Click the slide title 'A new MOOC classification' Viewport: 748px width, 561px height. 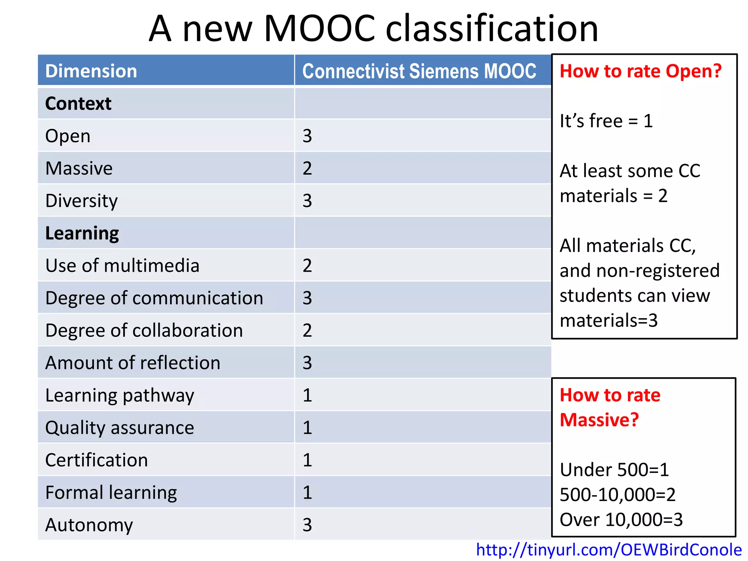(x=373, y=28)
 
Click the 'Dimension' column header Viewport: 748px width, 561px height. (x=91, y=71)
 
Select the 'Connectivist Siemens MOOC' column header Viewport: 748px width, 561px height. (x=419, y=71)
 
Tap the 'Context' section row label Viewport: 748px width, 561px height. (x=78, y=104)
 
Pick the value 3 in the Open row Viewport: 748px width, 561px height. (x=307, y=136)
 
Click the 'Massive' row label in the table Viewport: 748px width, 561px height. (x=79, y=168)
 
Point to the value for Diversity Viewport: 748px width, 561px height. (x=307, y=201)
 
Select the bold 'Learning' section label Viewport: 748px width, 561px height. (x=82, y=233)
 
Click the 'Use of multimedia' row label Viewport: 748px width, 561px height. (x=122, y=266)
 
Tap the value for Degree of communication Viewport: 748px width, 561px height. (x=307, y=298)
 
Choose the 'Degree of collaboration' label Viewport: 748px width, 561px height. (x=144, y=331)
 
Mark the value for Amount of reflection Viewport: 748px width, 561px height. (x=307, y=363)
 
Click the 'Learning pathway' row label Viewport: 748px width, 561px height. (x=119, y=396)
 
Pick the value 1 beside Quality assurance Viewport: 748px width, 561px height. (x=307, y=428)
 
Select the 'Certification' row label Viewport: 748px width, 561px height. (x=96, y=460)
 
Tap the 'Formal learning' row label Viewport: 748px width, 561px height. (x=111, y=493)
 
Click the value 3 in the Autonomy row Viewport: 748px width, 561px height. (x=307, y=525)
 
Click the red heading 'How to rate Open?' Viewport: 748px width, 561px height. (x=641, y=71)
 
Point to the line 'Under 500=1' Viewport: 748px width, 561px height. (x=614, y=470)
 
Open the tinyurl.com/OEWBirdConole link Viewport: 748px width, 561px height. (x=609, y=550)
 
